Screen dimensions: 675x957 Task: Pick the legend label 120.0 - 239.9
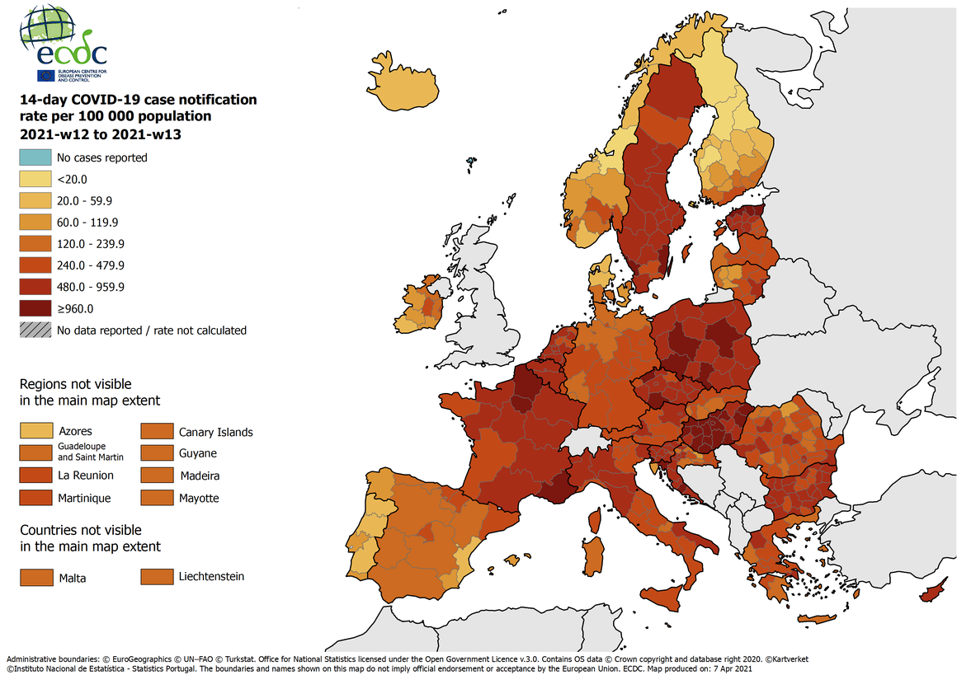[x=90, y=244]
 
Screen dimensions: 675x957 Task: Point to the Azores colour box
[x=35, y=431]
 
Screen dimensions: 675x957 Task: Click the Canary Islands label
[x=215, y=432]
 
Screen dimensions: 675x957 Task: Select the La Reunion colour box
[x=35, y=476]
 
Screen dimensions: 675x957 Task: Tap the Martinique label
[x=84, y=498]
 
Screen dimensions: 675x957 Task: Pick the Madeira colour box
[x=155, y=476]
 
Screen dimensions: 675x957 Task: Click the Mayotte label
[x=201, y=498]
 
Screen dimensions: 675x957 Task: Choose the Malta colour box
[x=35, y=577]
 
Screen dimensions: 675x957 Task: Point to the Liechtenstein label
[x=211, y=576]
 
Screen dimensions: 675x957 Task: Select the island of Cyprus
[x=933, y=591]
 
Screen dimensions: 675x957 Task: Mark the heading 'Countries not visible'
[x=80, y=530]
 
